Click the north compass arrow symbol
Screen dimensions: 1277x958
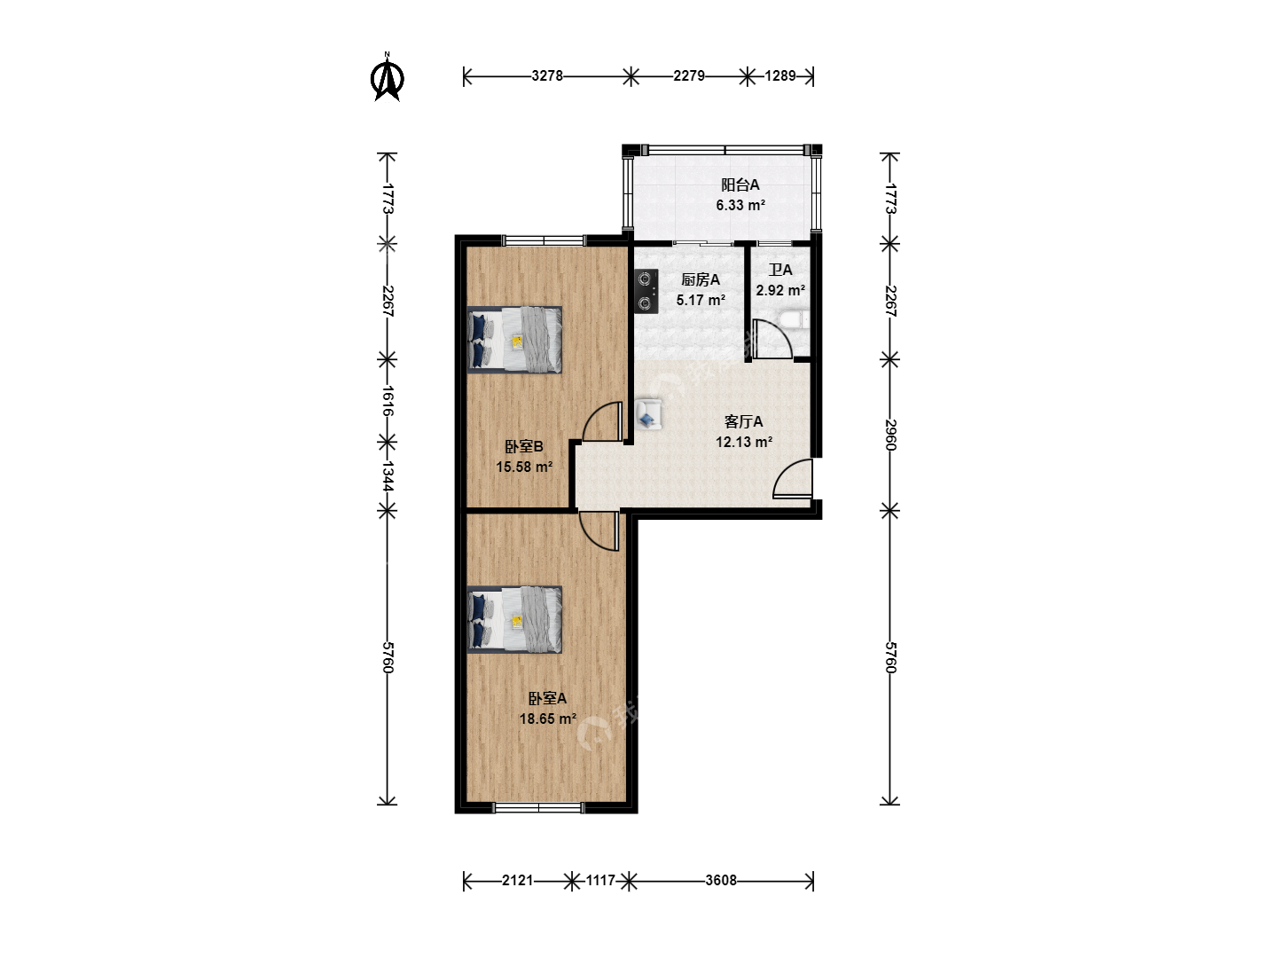[x=387, y=77]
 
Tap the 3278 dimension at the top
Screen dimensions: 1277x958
[x=547, y=76]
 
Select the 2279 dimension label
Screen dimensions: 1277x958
[x=689, y=76]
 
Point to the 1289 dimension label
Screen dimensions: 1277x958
[x=780, y=76]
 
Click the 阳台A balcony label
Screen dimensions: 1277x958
[x=740, y=185]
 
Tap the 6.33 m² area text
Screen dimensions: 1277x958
[x=740, y=205]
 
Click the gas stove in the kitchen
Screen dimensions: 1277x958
[x=646, y=292]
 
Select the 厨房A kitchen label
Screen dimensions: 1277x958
[x=701, y=279]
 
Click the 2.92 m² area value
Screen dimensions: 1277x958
[x=780, y=290]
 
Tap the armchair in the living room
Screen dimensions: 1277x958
[x=647, y=414]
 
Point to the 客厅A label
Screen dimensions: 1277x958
[x=743, y=421]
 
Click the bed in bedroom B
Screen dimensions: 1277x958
[x=514, y=340]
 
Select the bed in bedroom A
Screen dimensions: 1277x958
[x=514, y=619]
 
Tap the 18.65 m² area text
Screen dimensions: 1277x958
[x=547, y=718]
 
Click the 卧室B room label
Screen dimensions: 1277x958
[x=523, y=447]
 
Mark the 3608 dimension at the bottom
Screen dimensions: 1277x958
[x=721, y=881]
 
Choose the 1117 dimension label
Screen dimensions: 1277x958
[x=599, y=881]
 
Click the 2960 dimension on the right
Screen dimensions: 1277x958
[x=889, y=435]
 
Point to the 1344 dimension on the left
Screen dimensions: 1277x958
[x=388, y=476]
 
